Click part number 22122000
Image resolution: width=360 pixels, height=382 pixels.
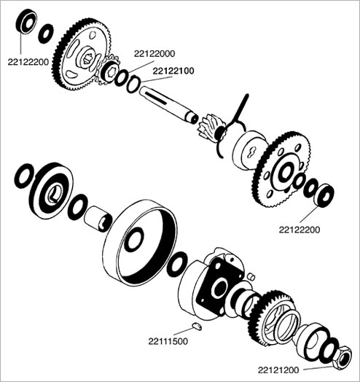coord(154,54)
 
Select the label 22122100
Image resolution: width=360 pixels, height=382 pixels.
coord(173,71)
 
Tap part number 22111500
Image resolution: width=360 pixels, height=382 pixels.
coord(168,341)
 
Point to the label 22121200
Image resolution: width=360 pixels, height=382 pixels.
coord(278,370)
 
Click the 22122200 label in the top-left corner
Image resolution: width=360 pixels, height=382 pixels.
coord(28,62)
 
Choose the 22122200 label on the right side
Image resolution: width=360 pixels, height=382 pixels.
coord(300,230)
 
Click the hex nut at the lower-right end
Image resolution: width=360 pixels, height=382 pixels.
coord(343,357)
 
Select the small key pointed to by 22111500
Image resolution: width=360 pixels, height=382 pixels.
coord(197,326)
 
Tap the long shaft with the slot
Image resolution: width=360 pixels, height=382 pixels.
coord(168,104)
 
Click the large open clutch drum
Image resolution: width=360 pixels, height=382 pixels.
coord(140,243)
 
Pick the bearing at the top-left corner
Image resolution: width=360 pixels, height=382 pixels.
coord(26,21)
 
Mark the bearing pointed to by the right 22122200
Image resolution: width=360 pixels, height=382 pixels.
coord(324,195)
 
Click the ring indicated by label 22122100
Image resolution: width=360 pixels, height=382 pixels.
coord(133,85)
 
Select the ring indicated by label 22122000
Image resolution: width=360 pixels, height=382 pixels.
coord(121,78)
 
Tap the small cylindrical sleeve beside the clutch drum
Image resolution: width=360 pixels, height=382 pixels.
coord(98,219)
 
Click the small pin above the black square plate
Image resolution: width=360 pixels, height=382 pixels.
coord(251,276)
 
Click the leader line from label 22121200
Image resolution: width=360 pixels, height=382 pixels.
coord(318,368)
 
